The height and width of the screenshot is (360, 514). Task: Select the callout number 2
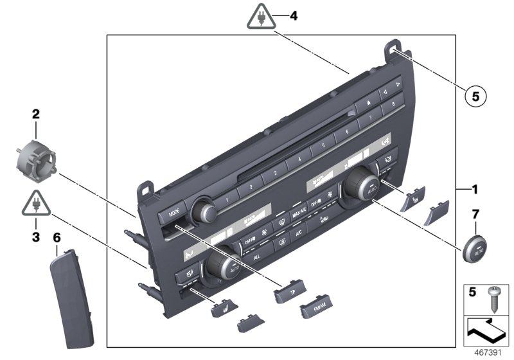click(x=36, y=115)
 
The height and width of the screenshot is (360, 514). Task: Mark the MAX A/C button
click(x=298, y=213)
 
